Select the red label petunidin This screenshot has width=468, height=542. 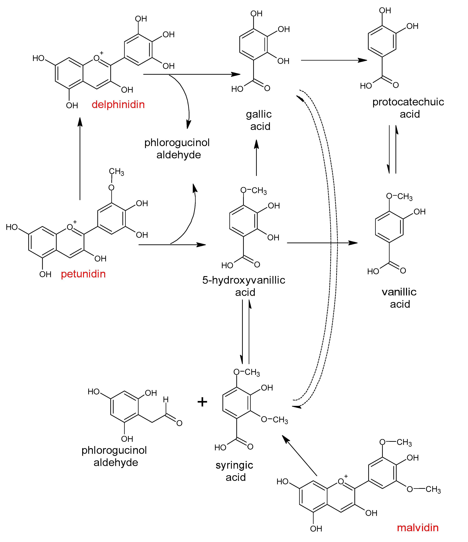[83, 274]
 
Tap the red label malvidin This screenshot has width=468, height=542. [418, 528]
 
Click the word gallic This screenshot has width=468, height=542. [259, 114]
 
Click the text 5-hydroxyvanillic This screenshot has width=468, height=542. [244, 280]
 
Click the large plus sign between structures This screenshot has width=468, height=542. [202, 402]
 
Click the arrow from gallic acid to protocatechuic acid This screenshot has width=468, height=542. [333, 60]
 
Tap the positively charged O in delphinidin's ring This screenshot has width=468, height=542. [97, 58]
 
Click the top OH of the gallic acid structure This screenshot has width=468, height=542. [256, 14]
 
